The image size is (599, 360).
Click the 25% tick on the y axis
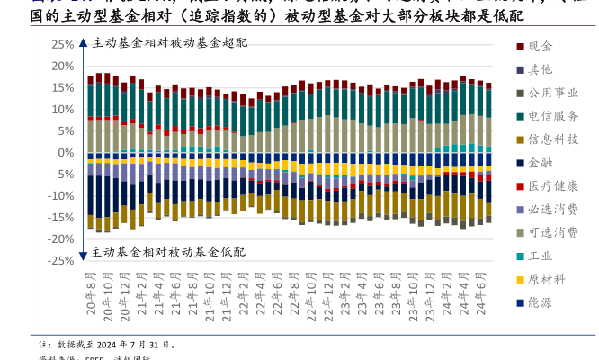click(x=61, y=44)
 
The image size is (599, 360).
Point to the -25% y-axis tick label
click(x=59, y=260)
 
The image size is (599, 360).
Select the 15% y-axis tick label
click(x=61, y=87)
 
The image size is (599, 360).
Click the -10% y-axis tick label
click(x=59, y=195)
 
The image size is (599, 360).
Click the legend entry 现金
click(x=541, y=46)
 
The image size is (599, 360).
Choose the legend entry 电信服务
click(x=553, y=116)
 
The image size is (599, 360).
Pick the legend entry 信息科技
click(x=553, y=139)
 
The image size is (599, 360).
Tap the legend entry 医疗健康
click(x=553, y=186)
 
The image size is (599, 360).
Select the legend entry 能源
click(x=541, y=302)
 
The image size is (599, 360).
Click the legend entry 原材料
click(x=547, y=279)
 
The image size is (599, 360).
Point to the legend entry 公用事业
click(x=553, y=93)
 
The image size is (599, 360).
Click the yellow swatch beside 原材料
click(x=521, y=279)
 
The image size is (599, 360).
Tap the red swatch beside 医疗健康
click(x=521, y=186)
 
